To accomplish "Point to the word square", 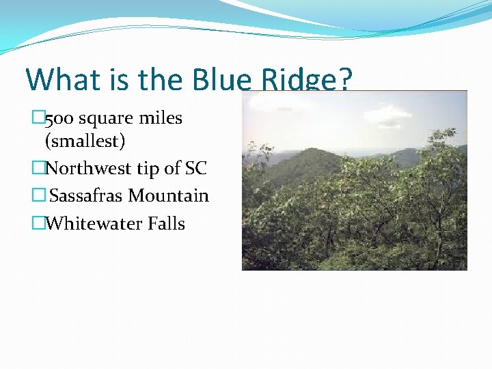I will (105, 118).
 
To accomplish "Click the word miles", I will (161, 118).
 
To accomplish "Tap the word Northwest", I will (94, 168).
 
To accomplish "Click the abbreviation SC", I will (195, 168).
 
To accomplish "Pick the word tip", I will (152, 168).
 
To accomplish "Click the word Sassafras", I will (87, 196).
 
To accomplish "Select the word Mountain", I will (169, 196).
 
